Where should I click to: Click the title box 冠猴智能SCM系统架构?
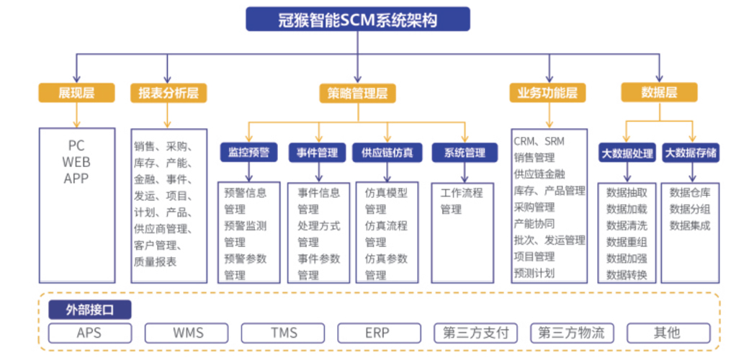point(358,19)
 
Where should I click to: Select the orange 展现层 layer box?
point(76,93)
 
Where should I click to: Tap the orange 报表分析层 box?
point(169,93)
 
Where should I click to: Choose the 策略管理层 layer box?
point(358,93)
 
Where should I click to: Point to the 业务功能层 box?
point(547,93)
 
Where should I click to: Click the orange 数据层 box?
point(659,92)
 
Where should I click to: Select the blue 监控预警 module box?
point(248,153)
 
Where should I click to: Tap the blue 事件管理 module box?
point(317,153)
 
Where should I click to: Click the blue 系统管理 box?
point(465,153)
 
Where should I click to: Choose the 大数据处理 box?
point(628,153)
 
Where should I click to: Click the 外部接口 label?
point(90,310)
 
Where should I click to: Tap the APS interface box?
point(90,333)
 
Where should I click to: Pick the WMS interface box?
point(187,333)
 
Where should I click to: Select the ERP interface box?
point(380,333)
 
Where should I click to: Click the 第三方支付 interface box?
point(476,333)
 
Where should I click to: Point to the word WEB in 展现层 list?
point(76,161)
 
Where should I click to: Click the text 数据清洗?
point(627,225)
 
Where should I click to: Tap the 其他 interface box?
point(668,333)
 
